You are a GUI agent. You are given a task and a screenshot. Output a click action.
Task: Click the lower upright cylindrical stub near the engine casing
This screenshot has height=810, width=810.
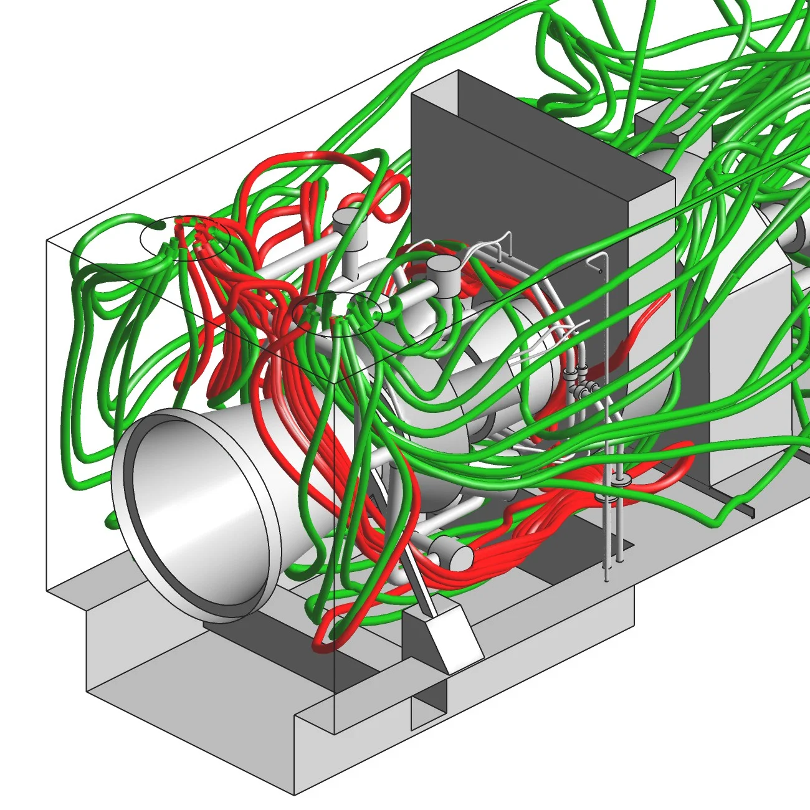coord(444,273)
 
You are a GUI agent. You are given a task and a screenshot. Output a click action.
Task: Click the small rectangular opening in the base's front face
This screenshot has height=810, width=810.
coord(429,710)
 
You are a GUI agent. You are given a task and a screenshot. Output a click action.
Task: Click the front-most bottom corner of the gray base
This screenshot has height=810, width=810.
coord(294,794)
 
